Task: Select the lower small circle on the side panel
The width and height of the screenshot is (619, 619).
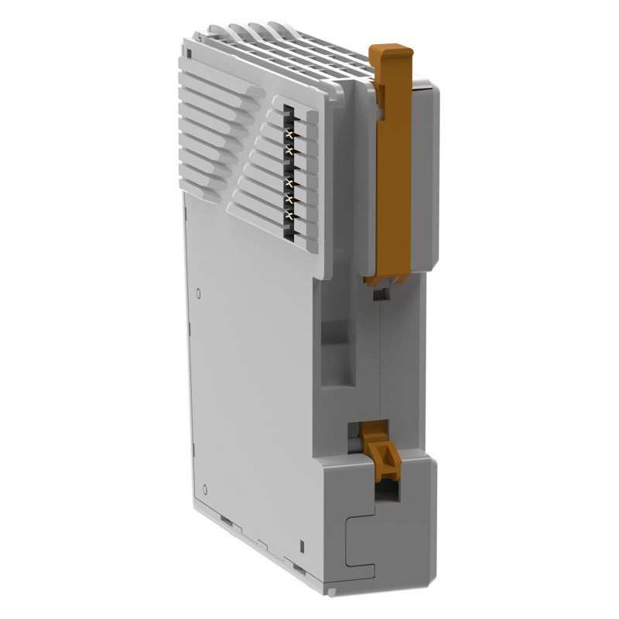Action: [x=203, y=489]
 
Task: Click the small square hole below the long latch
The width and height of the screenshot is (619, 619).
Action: [x=378, y=295]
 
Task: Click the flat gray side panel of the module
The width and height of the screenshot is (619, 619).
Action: [x=248, y=387]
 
